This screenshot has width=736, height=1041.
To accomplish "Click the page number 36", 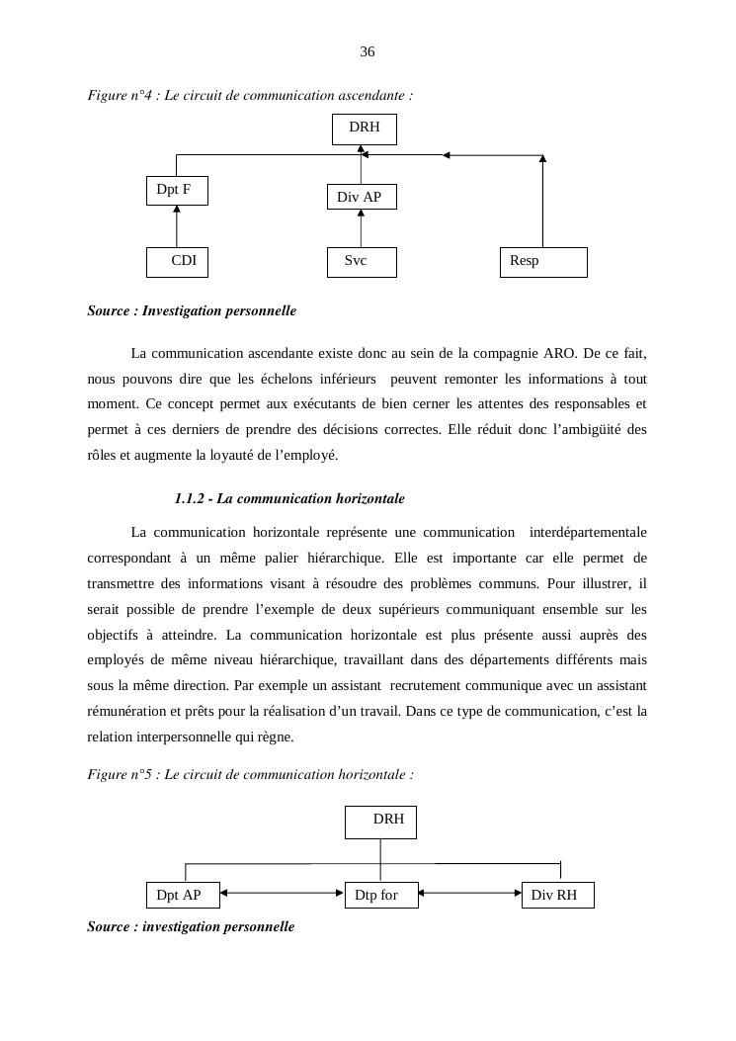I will [x=368, y=51].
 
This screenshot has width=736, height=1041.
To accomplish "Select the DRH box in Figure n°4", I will [x=365, y=129].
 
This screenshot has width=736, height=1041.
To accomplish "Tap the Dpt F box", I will [x=176, y=190].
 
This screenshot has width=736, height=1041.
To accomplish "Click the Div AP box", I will [x=361, y=198].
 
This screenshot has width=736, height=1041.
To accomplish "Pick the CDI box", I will [x=177, y=262].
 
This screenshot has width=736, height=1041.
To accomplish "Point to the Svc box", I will [x=362, y=262].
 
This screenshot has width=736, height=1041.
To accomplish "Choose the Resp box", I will [x=543, y=262].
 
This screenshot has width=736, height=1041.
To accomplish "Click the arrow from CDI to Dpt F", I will [x=177, y=226].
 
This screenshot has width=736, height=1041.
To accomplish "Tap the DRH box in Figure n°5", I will [x=381, y=822].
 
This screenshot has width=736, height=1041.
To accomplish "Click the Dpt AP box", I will [x=182, y=896].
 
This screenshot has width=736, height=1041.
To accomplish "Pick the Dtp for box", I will [x=381, y=896].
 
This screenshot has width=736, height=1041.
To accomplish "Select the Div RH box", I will [x=557, y=896].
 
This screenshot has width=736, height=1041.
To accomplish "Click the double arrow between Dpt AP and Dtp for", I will [x=282, y=893].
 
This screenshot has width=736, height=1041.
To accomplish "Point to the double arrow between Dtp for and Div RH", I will [x=470, y=893].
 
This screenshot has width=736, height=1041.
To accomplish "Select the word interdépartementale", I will [x=588, y=533].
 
